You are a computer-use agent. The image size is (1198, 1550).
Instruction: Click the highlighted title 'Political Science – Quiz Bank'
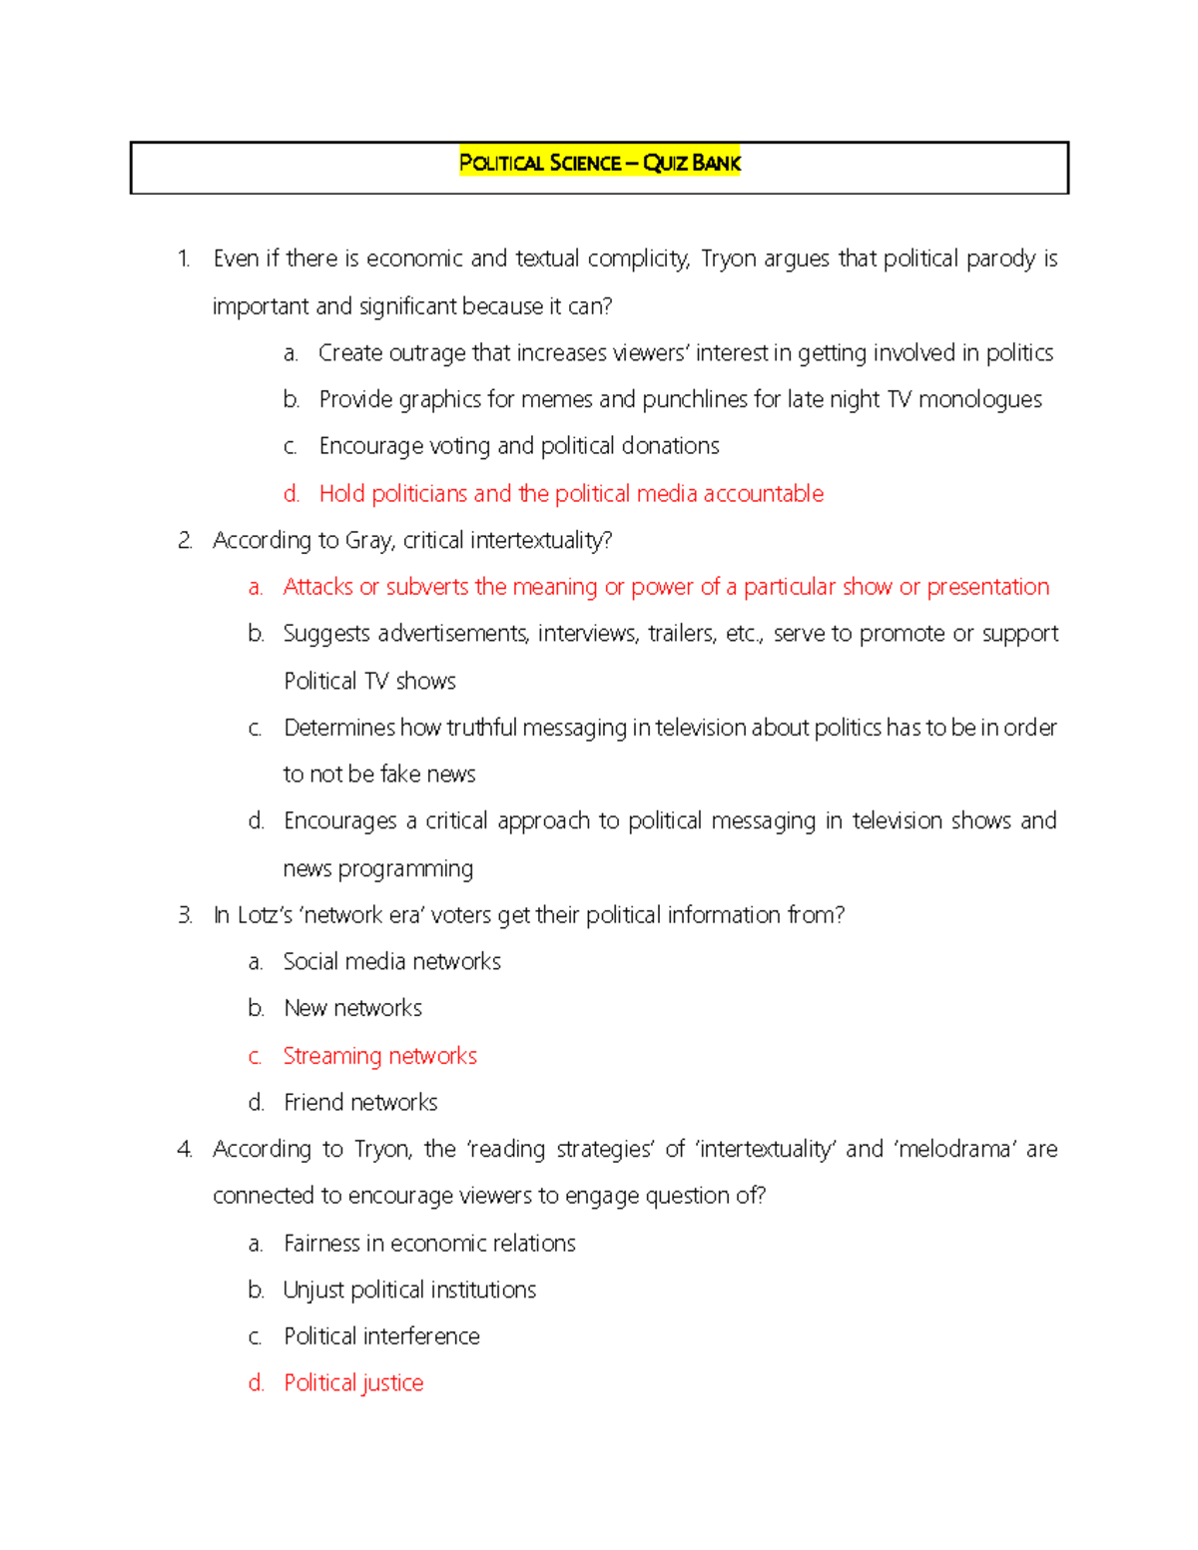click(x=599, y=163)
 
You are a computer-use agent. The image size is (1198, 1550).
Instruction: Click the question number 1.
click(x=184, y=259)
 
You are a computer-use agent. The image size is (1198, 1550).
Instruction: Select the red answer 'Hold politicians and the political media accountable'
click(x=570, y=493)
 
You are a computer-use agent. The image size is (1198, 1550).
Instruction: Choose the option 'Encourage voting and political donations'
click(x=518, y=446)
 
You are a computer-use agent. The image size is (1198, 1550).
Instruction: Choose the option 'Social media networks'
click(x=391, y=962)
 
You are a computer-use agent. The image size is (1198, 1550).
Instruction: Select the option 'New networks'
click(x=352, y=1008)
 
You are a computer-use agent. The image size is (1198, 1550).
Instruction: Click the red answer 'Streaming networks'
click(x=379, y=1056)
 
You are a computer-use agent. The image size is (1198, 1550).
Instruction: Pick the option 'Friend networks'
click(x=360, y=1103)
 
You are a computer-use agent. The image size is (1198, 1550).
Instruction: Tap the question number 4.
click(x=185, y=1150)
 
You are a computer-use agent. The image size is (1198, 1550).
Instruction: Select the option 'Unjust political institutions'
click(x=409, y=1291)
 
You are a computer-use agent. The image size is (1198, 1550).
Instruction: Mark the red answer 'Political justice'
click(x=353, y=1383)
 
